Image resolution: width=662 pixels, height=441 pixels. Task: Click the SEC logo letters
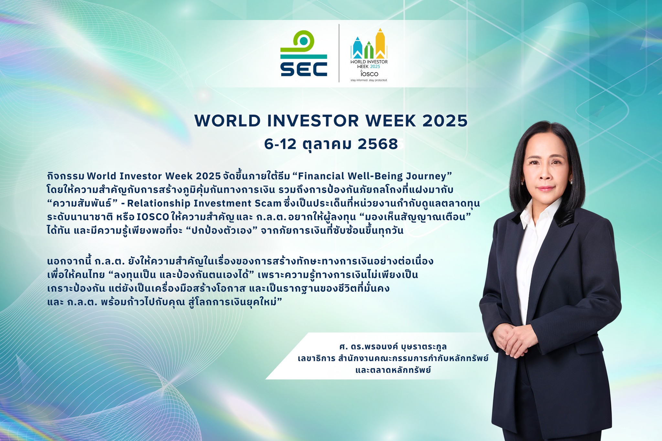pyautogui.click(x=304, y=69)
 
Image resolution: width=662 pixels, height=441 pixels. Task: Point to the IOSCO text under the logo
pyautogui.click(x=369, y=74)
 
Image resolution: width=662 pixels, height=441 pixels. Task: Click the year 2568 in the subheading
pyautogui.click(x=378, y=144)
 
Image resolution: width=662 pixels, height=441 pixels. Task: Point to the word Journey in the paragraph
pyautogui.click(x=426, y=176)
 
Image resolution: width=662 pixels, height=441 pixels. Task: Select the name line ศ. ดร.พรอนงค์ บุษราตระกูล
pyautogui.click(x=393, y=347)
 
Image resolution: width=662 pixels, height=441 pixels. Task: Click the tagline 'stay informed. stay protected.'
pyautogui.click(x=369, y=80)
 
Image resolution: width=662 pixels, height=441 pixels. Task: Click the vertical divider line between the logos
pyautogui.click(x=339, y=53)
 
